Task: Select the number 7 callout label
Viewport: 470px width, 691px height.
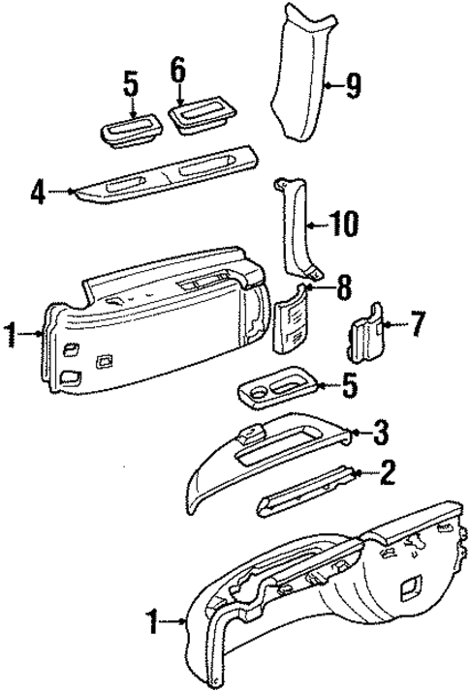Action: [416, 324]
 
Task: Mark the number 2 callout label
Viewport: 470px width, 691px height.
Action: [387, 473]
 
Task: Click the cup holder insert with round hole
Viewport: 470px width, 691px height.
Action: [276, 392]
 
